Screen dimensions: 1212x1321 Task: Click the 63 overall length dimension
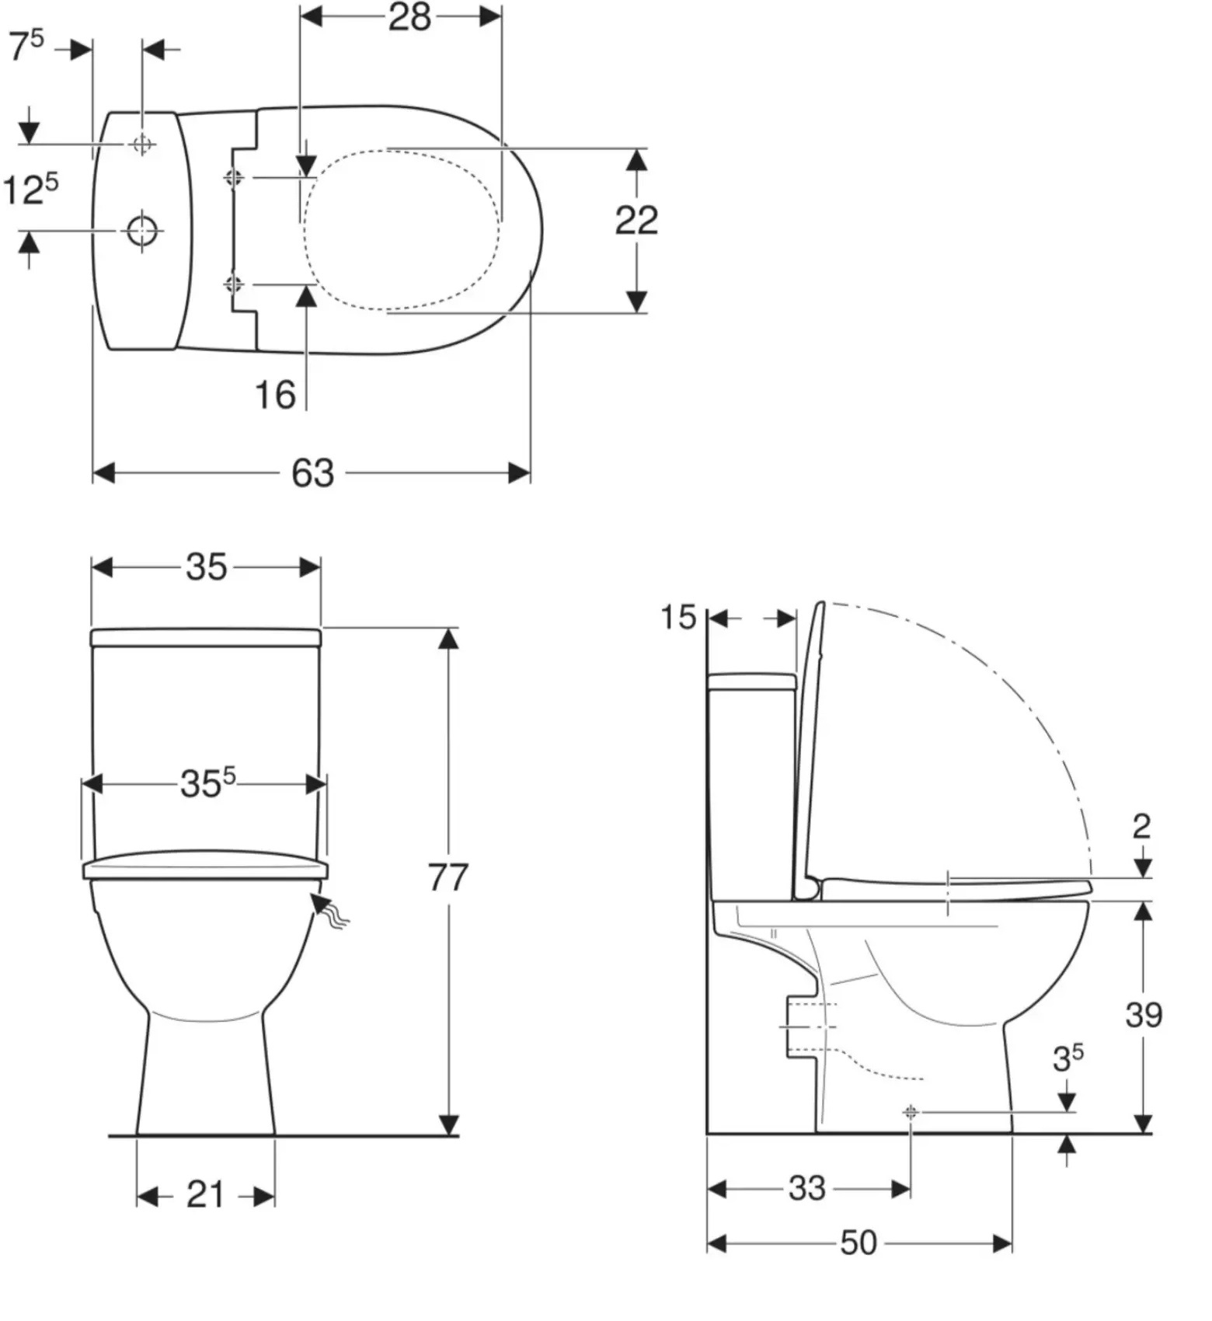(x=313, y=472)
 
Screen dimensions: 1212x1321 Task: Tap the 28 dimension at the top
(x=409, y=16)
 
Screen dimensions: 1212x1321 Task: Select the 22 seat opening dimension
(x=636, y=221)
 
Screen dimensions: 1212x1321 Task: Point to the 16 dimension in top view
(x=276, y=395)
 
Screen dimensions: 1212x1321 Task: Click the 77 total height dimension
(x=448, y=877)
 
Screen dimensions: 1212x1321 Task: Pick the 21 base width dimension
(x=205, y=1194)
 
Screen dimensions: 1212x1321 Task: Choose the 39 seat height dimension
(x=1144, y=1014)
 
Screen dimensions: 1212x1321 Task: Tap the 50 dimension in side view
(x=858, y=1243)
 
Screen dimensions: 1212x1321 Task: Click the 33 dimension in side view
(x=806, y=1188)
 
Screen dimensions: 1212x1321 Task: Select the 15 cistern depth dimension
(x=678, y=618)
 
